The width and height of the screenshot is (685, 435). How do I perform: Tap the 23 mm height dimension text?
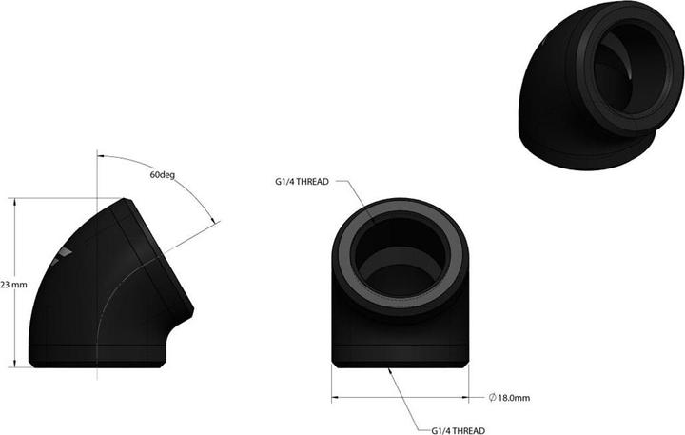tap(12, 284)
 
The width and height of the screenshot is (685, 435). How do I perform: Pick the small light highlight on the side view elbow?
tap(63, 250)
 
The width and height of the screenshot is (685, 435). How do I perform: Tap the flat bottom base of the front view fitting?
tap(403, 360)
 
